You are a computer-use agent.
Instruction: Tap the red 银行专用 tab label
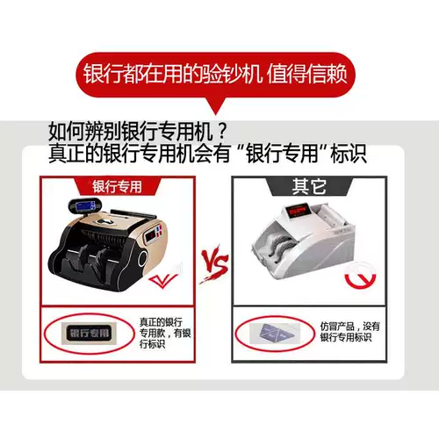pos(117,186)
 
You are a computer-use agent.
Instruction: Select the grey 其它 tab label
pos(310,187)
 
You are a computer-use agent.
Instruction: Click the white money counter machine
pos(303,242)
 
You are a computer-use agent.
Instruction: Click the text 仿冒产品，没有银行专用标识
pos(349,332)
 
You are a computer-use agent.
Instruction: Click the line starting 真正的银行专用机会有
pos(207,154)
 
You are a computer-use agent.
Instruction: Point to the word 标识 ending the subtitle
pos(347,154)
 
